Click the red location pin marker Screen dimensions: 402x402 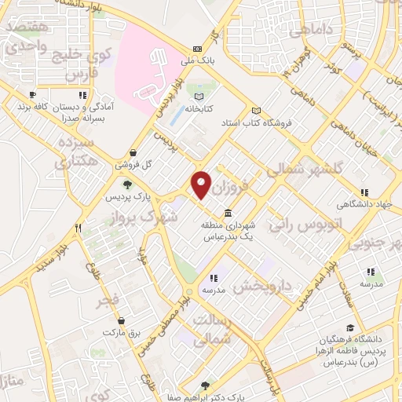[x=201, y=185]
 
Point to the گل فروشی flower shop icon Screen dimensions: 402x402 [x=133, y=152]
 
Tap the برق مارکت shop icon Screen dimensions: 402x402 [x=121, y=321]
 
